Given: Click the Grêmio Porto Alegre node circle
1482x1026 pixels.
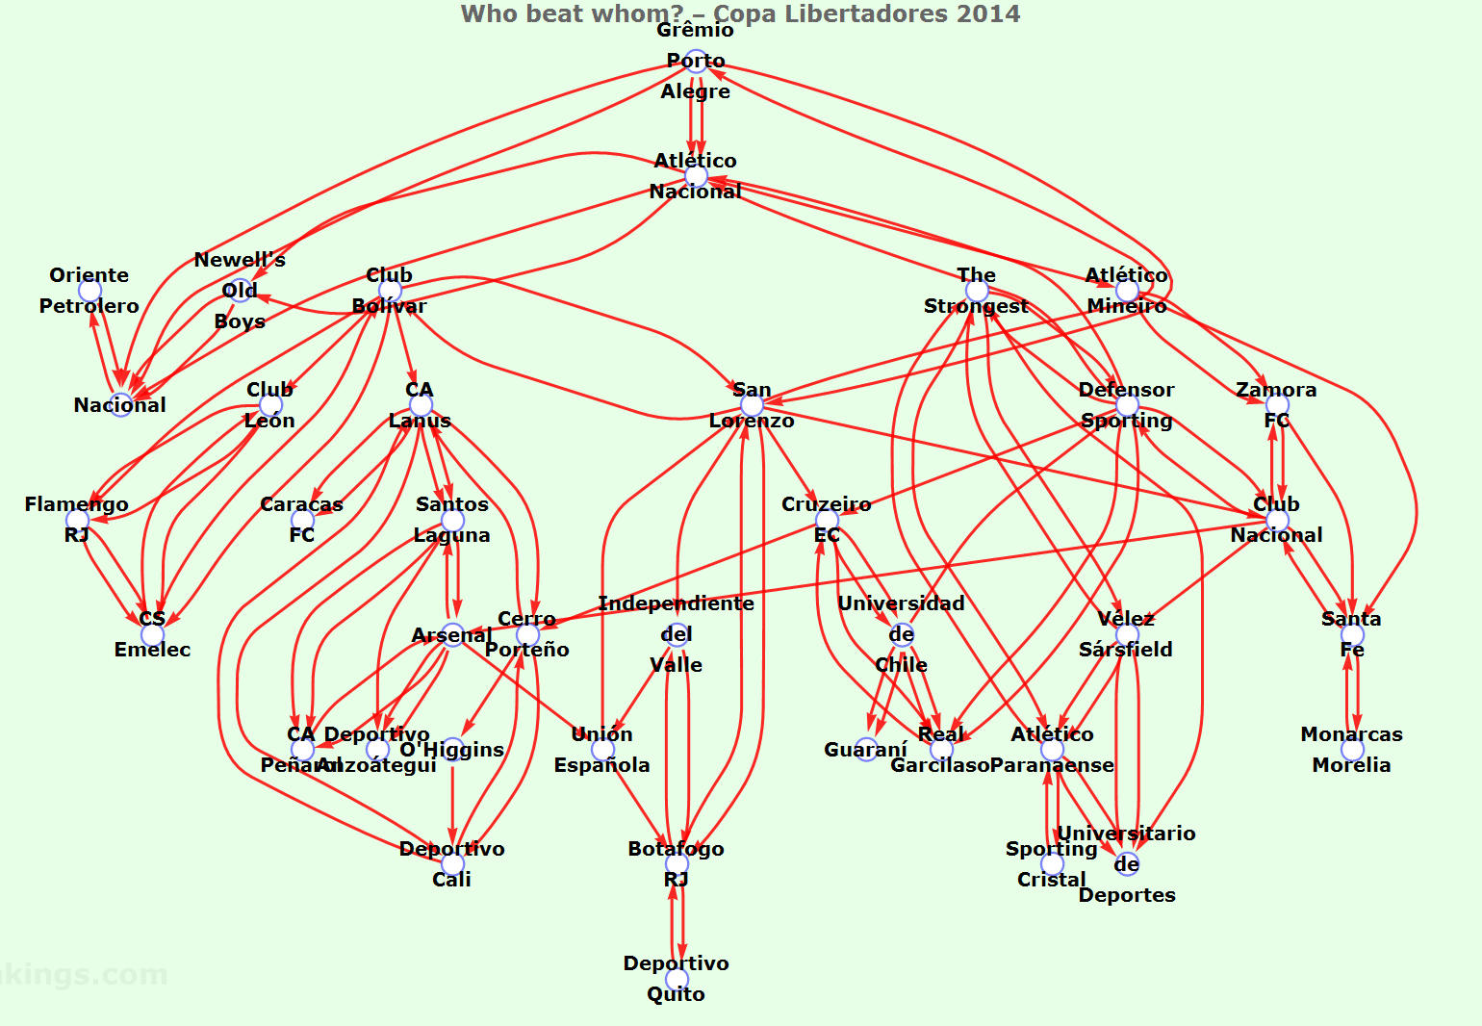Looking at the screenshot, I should tap(696, 61).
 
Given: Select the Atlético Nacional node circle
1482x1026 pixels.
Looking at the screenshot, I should tap(696, 176).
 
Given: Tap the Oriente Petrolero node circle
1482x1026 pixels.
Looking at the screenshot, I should tap(89, 291).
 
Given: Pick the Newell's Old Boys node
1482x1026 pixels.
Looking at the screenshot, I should tap(240, 291).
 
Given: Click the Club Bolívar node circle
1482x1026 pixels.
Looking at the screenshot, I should tap(390, 291).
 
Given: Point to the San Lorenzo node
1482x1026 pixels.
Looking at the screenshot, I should tap(752, 405).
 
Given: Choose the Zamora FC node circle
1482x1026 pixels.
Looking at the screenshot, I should tap(1277, 405).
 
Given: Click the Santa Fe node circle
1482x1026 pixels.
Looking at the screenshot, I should tap(1352, 634).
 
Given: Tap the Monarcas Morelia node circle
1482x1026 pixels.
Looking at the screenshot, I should tap(1352, 750).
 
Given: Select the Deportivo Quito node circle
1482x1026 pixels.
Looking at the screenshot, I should tap(677, 979).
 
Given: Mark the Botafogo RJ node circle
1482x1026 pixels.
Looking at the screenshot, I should tap(677, 863).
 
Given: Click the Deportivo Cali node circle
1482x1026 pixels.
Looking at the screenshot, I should tap(452, 863).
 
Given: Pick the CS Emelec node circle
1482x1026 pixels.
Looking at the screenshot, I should tap(153, 634).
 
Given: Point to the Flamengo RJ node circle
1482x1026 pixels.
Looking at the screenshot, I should tap(77, 520).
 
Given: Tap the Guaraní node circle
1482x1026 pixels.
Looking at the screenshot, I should tap(866, 750).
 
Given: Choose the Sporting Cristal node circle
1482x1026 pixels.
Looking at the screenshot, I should tap(1052, 863).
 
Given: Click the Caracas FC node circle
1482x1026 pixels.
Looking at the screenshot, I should tap(302, 520).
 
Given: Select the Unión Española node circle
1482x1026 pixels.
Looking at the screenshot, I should tap(602, 750).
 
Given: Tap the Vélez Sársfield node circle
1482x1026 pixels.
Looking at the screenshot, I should tap(1127, 634).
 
